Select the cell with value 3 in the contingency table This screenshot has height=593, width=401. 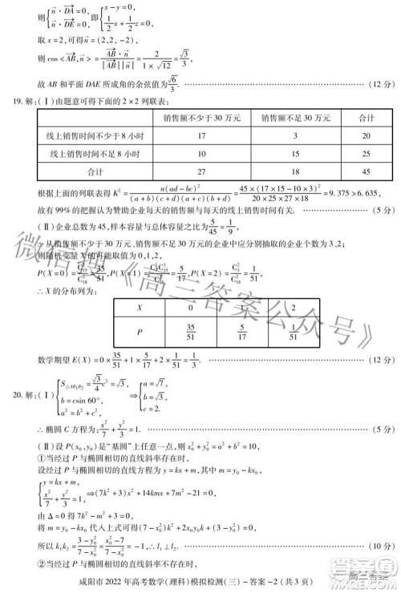295,136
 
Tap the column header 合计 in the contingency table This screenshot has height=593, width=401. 367,118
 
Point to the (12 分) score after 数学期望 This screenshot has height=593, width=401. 374,363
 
